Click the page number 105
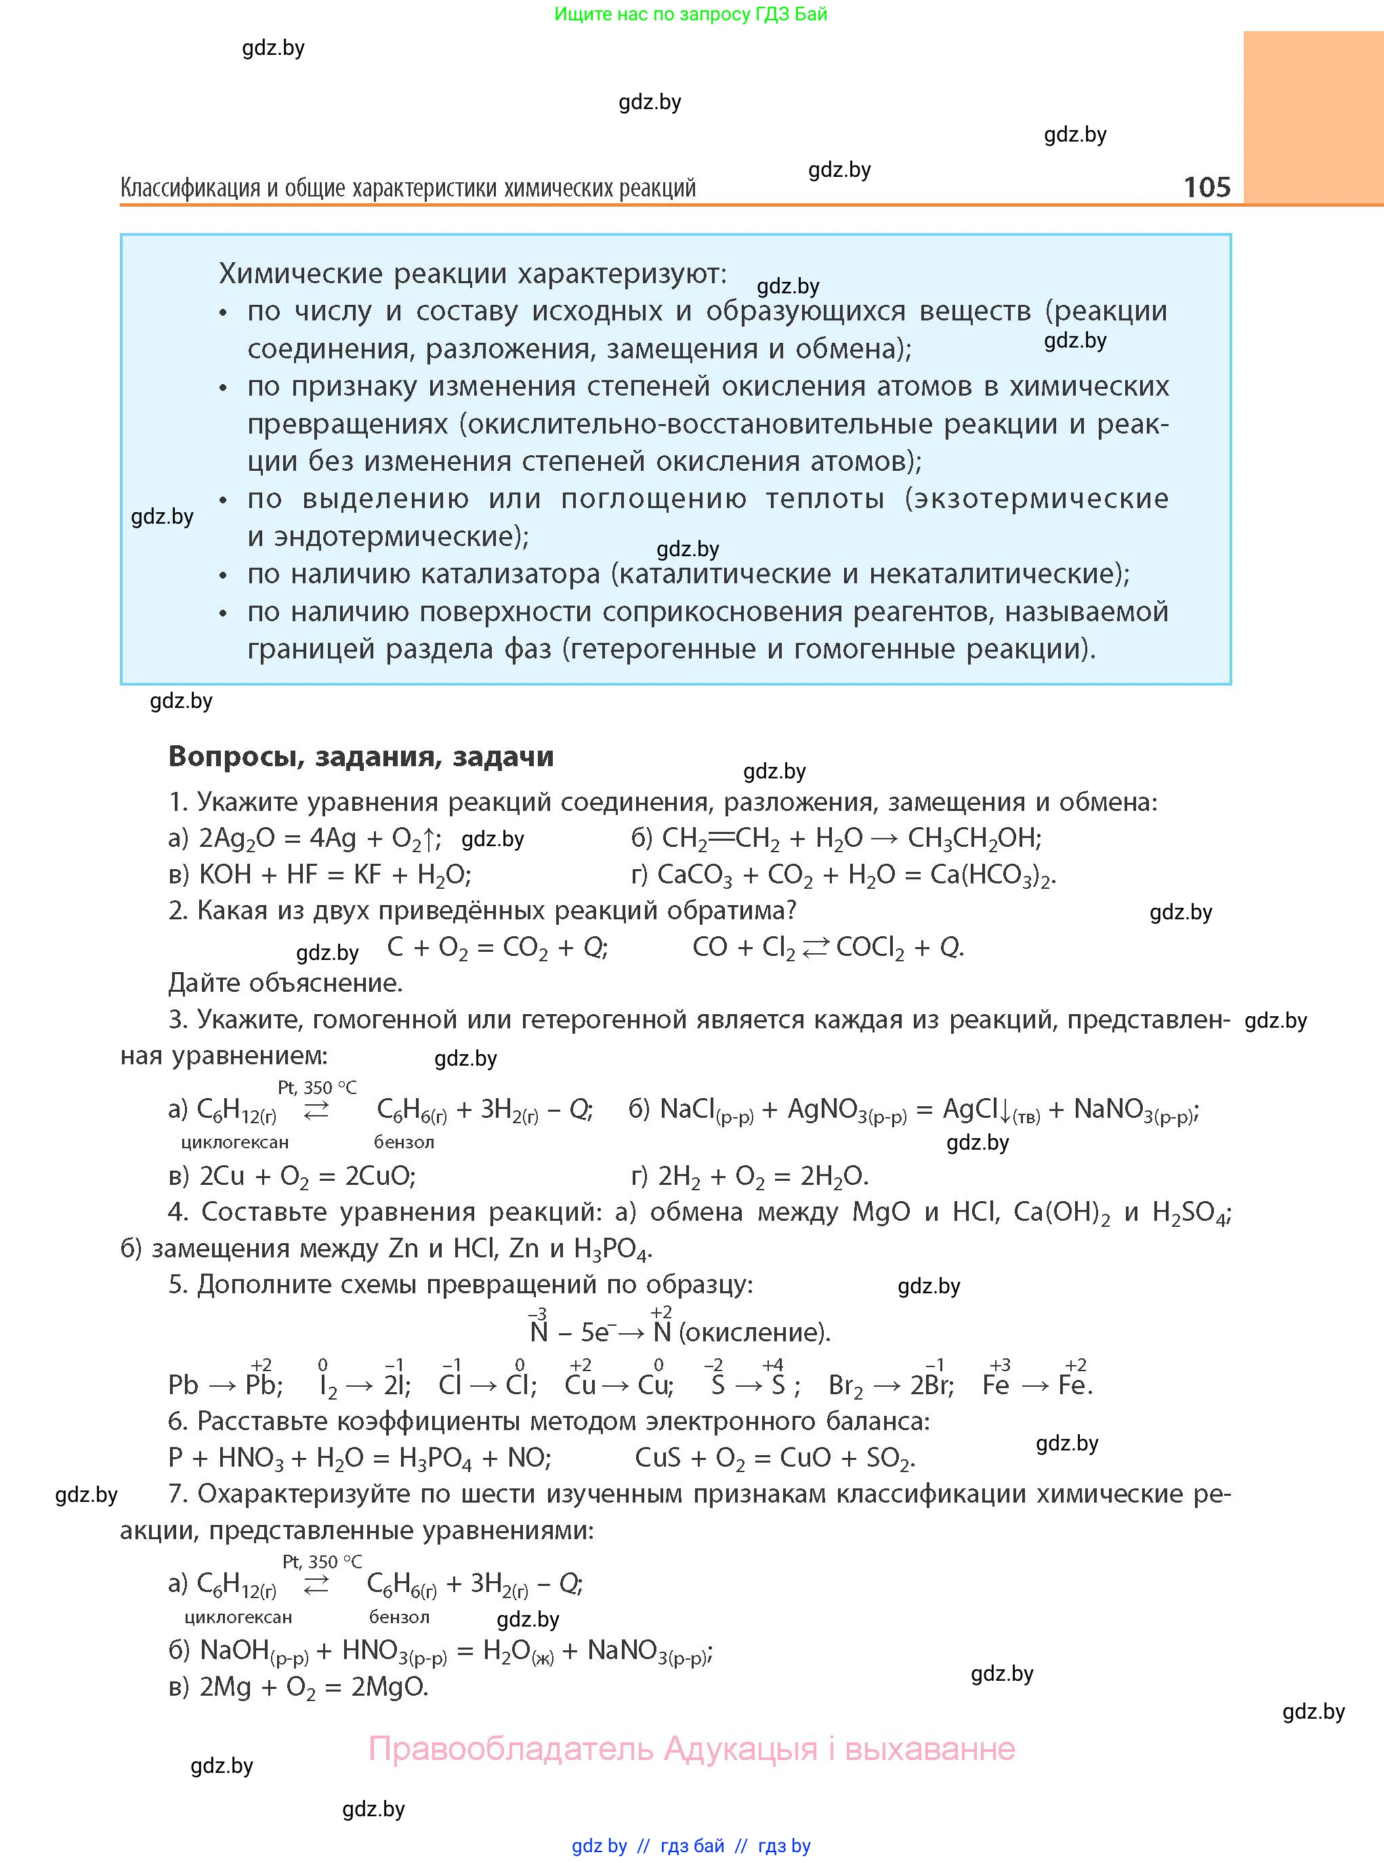tap(1207, 186)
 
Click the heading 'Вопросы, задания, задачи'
tap(361, 757)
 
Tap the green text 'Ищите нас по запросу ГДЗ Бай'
tap(690, 14)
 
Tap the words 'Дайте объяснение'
tap(285, 982)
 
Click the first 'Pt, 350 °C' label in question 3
tap(316, 1087)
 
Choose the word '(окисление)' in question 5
tap(753, 1332)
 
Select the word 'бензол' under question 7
tap(400, 1616)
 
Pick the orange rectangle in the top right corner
tap(1313, 117)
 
